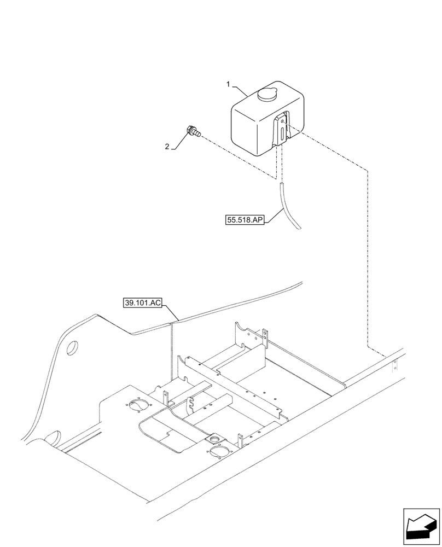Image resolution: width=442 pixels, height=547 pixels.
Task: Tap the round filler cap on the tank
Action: tap(267, 95)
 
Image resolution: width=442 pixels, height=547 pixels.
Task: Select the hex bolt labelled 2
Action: tap(193, 131)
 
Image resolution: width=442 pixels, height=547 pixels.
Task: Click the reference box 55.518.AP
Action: tap(245, 220)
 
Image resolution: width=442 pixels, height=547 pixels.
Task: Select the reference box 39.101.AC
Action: tap(142, 303)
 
